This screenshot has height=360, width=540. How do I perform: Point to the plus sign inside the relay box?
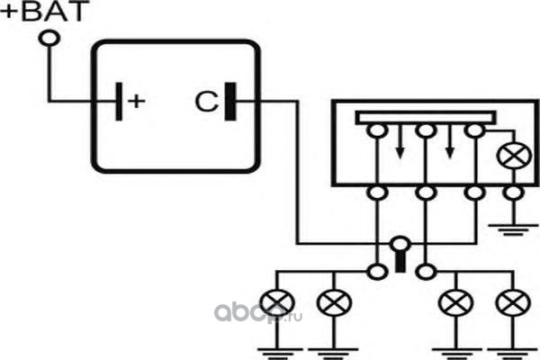[136, 100]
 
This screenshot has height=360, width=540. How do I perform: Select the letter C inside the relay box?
[204, 100]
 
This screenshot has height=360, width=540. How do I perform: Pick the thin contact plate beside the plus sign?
[117, 100]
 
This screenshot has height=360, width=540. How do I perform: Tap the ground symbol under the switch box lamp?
[513, 227]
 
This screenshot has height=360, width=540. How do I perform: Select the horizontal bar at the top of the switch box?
[427, 117]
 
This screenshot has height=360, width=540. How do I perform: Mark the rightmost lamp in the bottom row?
[513, 303]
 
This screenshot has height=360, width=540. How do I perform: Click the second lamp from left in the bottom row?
[335, 303]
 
